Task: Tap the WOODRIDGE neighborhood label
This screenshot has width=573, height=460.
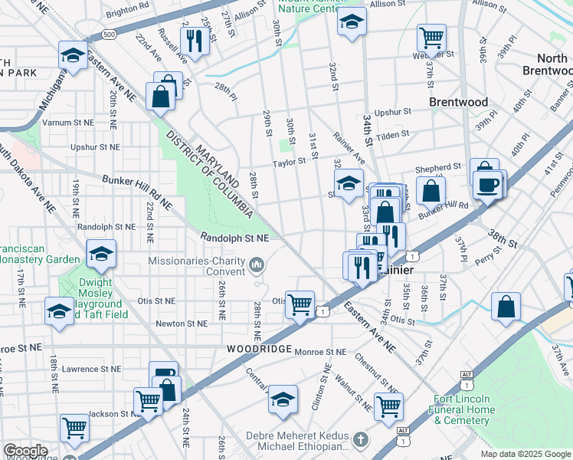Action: pos(258,349)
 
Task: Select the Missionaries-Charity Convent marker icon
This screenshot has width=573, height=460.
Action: pos(256,266)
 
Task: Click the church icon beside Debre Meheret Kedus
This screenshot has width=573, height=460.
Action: pos(361,441)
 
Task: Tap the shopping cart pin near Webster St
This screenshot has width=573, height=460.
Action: pos(431,37)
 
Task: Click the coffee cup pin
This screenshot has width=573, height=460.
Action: pos(488,185)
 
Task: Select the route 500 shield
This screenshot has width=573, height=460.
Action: pos(110,34)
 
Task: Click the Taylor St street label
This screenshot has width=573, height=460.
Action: pos(290,162)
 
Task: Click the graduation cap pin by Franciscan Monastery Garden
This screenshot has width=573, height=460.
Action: pos(101,254)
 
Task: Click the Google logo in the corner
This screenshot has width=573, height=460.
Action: pos(25,451)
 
